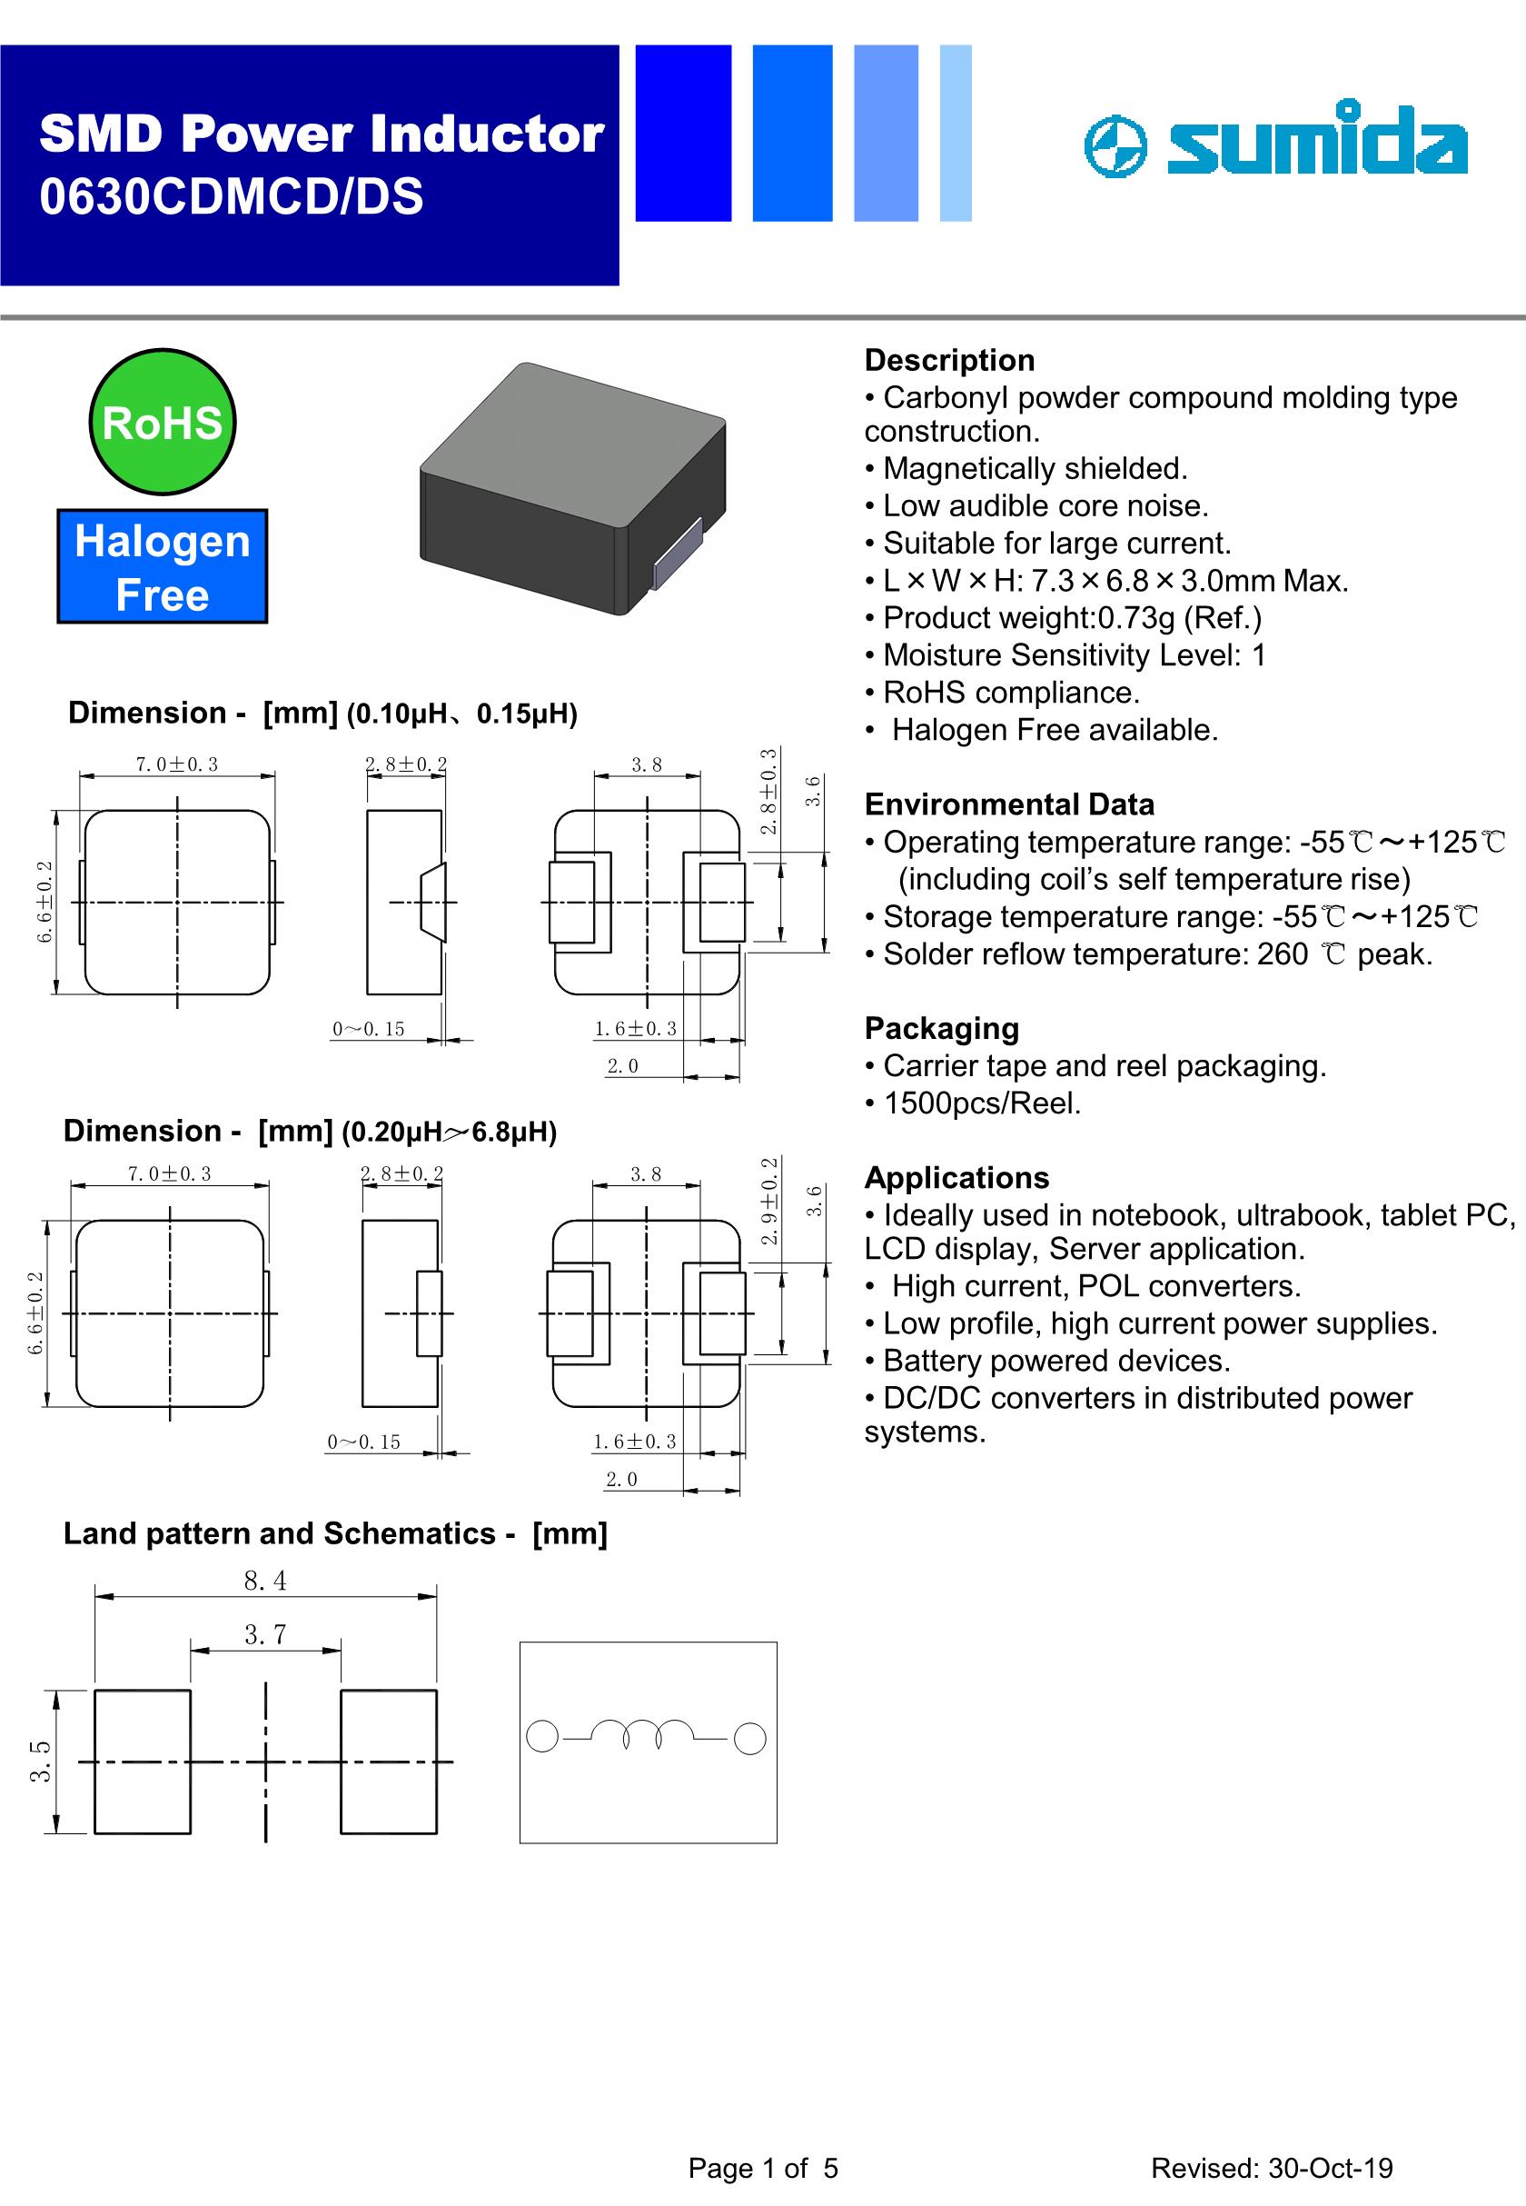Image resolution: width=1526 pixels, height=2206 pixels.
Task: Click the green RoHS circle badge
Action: click(162, 422)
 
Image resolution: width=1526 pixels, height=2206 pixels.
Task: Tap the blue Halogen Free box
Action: click(162, 566)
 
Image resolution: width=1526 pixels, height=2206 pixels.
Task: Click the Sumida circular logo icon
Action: click(1115, 147)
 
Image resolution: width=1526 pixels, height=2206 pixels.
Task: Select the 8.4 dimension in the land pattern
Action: click(265, 1581)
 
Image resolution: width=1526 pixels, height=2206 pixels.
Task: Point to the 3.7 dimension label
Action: click(265, 1635)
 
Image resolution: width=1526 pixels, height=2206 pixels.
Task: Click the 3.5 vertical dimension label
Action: click(40, 1762)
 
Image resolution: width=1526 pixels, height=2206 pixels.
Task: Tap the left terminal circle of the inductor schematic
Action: click(542, 1736)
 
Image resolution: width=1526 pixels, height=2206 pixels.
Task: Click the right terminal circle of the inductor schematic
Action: click(749, 1739)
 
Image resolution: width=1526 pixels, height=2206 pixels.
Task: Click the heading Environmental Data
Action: click(1009, 804)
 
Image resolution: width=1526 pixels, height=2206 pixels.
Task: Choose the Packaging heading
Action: click(941, 1028)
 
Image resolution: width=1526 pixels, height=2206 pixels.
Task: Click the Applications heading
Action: click(956, 1178)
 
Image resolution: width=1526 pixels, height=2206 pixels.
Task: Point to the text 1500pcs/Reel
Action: click(982, 1103)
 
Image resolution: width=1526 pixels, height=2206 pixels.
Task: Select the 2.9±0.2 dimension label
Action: click(768, 1201)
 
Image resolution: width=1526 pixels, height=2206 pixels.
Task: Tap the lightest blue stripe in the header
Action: click(956, 133)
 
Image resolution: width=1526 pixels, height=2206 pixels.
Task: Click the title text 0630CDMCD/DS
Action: click(232, 197)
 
